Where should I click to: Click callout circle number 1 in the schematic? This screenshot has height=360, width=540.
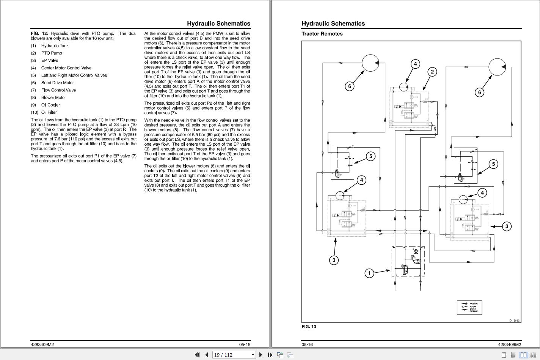pyautogui.click(x=369, y=273)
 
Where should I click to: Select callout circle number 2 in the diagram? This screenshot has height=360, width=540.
pyautogui.click(x=432, y=72)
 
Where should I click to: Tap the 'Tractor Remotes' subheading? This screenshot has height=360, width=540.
pyautogui.click(x=322, y=34)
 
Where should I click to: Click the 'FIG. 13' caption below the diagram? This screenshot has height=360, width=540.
pyautogui.click(x=309, y=327)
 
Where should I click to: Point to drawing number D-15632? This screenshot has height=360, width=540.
pyautogui.click(x=514, y=321)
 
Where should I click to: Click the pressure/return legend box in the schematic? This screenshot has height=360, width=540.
pyautogui.click(x=469, y=308)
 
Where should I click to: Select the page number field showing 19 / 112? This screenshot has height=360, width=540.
pyautogui.click(x=231, y=355)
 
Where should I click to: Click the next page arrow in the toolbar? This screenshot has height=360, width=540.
pyautogui.click(x=261, y=355)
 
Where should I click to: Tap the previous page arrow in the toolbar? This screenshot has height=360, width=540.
pyautogui.click(x=206, y=355)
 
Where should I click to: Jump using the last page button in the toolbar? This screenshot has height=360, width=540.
pyautogui.click(x=270, y=355)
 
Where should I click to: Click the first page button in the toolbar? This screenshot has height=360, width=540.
pyautogui.click(x=197, y=355)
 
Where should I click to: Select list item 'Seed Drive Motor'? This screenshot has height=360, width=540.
pyautogui.click(x=57, y=83)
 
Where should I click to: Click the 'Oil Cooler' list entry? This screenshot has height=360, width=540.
pyautogui.click(x=50, y=105)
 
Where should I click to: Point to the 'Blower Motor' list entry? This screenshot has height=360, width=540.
pyautogui.click(x=53, y=97)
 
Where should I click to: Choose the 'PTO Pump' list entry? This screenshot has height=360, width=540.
pyautogui.click(x=52, y=53)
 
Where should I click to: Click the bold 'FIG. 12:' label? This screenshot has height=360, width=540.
pyautogui.click(x=39, y=33)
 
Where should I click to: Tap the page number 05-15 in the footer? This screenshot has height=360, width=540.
pyautogui.click(x=245, y=344)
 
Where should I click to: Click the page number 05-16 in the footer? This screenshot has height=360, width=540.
pyautogui.click(x=307, y=344)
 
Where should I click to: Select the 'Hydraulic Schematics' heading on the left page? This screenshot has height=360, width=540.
pyautogui.click(x=218, y=24)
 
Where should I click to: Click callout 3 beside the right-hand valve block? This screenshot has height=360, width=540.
pyautogui.click(x=507, y=226)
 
